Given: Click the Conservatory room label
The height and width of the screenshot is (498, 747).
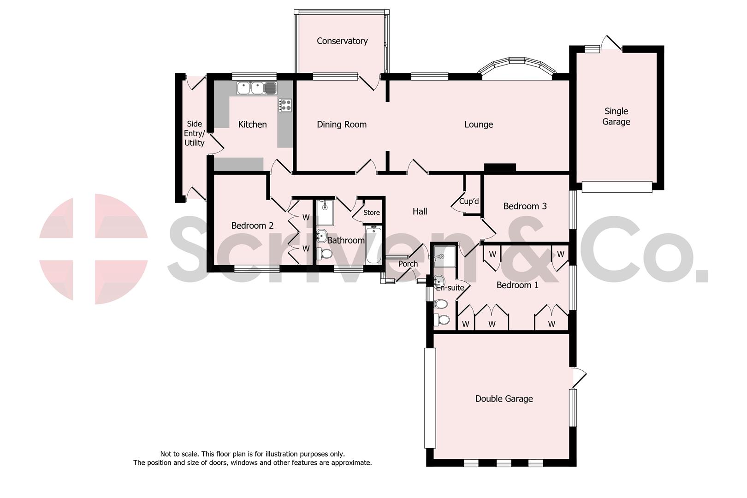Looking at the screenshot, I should point(342,41).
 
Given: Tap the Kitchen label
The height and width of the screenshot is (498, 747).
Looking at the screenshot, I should point(252,125).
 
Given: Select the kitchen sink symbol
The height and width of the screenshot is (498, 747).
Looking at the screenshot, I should point(256,88).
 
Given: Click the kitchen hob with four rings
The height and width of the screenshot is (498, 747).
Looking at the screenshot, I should point(285,105).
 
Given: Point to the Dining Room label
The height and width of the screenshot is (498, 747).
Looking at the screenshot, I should point(342,125).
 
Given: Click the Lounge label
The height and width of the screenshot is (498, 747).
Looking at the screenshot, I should point(479,125).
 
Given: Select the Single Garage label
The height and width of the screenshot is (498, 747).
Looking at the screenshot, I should point(616,116).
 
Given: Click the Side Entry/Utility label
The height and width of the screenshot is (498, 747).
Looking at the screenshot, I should point(194,133).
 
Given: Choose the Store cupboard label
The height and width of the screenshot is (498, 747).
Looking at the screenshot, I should point(371,213).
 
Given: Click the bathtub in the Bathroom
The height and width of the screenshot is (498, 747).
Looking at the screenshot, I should point(373,245).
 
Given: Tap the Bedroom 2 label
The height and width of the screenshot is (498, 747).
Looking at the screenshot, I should point(252,225).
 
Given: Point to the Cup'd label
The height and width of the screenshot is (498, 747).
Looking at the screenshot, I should point(469,202).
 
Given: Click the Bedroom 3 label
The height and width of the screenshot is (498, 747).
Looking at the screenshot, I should point(525,206).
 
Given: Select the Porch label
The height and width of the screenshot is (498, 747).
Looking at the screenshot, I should point(408,264).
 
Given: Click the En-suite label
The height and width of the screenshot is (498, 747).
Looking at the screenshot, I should point(450,288).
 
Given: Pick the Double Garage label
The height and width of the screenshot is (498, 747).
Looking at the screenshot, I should point(504,399).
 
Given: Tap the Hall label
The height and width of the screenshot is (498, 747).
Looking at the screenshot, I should point(420,212).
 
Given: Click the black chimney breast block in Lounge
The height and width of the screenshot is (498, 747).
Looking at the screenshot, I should point(500,168).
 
